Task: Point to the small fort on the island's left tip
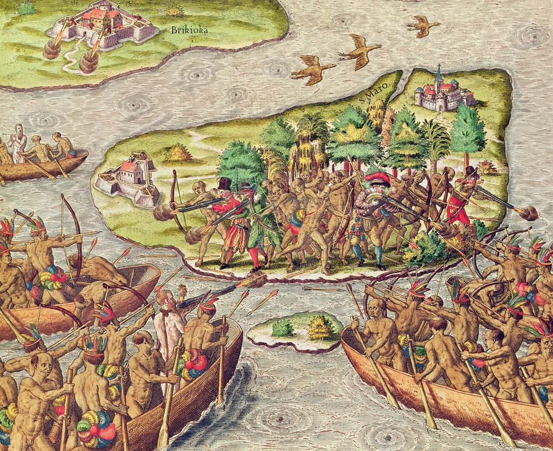pyautogui.click(x=127, y=178)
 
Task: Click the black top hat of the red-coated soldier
pyautogui.click(x=225, y=183)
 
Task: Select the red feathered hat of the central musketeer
pyautogui.click(x=377, y=178)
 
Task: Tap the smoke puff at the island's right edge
pyautogui.click(x=528, y=213)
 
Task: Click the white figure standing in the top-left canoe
pyautogui.click(x=19, y=143)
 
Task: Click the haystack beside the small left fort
pyautogui.click(x=178, y=153)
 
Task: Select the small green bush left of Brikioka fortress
pyautogui.click(x=25, y=8)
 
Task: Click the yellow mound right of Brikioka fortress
pyautogui.click(x=174, y=11)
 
